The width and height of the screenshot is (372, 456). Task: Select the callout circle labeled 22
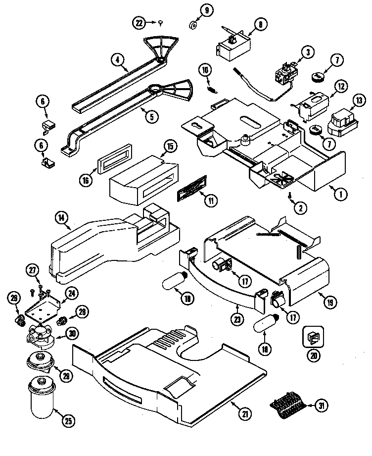(140, 22)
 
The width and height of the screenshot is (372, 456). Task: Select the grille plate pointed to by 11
(188, 191)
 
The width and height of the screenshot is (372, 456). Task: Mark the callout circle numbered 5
(151, 117)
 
